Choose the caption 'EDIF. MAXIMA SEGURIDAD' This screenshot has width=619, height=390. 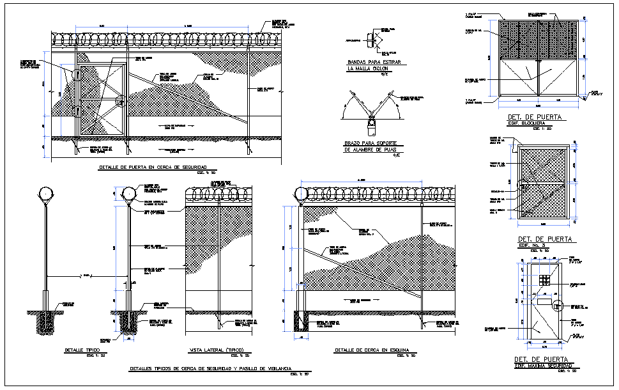point(542,366)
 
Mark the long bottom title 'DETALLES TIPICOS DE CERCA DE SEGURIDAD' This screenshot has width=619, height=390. point(211,370)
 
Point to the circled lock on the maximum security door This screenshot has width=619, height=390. point(557,305)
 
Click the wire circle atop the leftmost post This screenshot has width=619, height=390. point(46,192)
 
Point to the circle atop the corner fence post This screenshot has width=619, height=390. point(300,193)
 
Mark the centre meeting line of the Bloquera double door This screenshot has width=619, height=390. point(539,79)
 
